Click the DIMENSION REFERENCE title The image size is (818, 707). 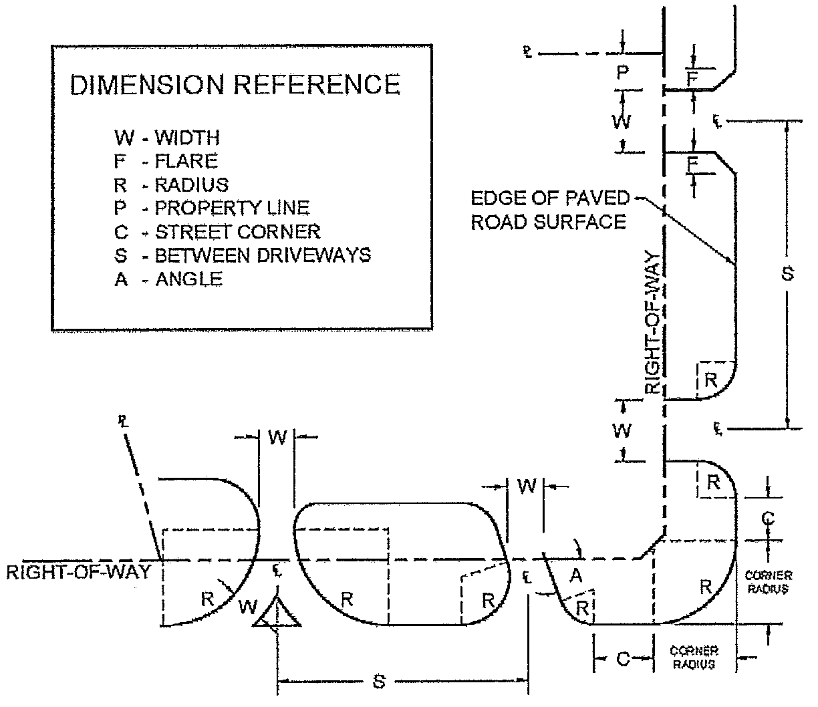pos(235,85)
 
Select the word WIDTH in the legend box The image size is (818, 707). pos(187,138)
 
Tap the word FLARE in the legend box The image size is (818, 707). pos(186,162)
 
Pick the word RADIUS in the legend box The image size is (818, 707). pos(192,185)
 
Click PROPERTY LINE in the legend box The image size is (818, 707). pos(232,208)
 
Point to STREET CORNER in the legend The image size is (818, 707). pos(237,232)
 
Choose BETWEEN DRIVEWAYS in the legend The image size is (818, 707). pos(263,255)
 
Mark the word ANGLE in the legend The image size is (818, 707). pos(189,279)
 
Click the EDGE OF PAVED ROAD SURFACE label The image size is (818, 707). pos(550,210)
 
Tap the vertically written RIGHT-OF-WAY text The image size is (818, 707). pos(653,323)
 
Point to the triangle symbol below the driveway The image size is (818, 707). pos(276,613)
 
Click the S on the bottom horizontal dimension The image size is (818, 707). pos(379,682)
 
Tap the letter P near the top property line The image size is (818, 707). pos(622,72)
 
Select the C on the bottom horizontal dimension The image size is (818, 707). pos(622,660)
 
